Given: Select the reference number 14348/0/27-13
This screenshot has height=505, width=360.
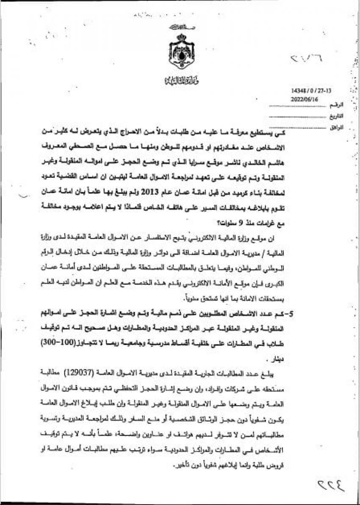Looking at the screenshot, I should coord(305,91).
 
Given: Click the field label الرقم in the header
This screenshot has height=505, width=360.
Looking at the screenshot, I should coord(339,104).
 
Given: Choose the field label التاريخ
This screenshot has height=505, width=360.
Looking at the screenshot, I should coord(338,116).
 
